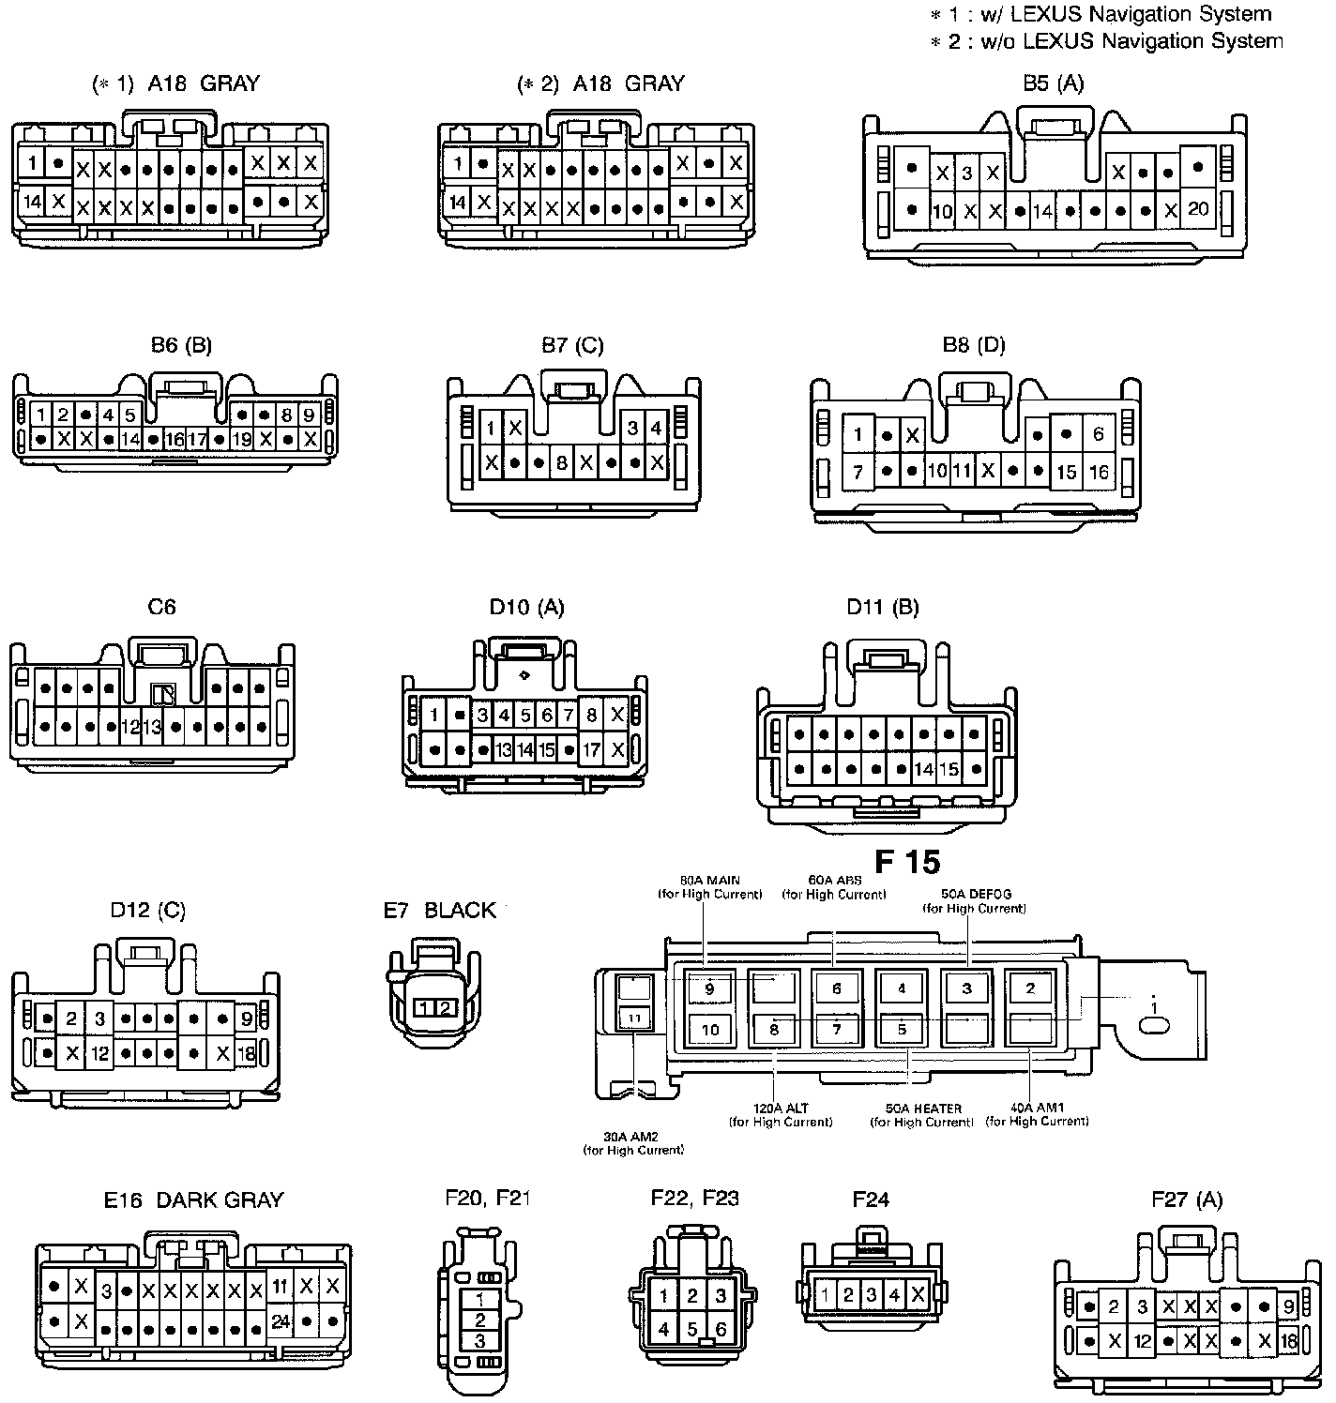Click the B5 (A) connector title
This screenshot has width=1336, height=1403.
pos(1053,83)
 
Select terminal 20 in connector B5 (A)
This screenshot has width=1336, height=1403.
pos(1197,209)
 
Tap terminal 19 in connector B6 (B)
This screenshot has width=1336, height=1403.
pos(241,438)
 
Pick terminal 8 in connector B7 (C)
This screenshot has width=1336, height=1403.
pos(561,462)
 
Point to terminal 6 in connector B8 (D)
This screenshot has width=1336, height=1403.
pos(1098,434)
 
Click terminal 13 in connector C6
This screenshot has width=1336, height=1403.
pos(152,726)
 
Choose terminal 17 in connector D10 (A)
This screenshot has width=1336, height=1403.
pos(591,750)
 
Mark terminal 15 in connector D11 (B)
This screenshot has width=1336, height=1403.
pos(949,770)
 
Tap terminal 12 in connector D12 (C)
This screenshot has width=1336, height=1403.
pos(99,1053)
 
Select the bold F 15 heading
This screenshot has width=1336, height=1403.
pos(906,861)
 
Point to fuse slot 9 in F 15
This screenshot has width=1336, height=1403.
pos(709,988)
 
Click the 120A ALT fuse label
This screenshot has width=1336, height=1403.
pos(780,1114)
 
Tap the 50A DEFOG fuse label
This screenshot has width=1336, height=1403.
pos(975,900)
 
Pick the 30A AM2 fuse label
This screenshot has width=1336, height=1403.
pos(633,1142)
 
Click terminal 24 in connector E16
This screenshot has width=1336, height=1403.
pos(280,1320)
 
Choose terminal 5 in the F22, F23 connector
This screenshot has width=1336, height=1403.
pos(691,1328)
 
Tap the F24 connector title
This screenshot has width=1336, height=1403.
pos(871,1199)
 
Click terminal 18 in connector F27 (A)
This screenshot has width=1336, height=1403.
pos(1288,1341)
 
